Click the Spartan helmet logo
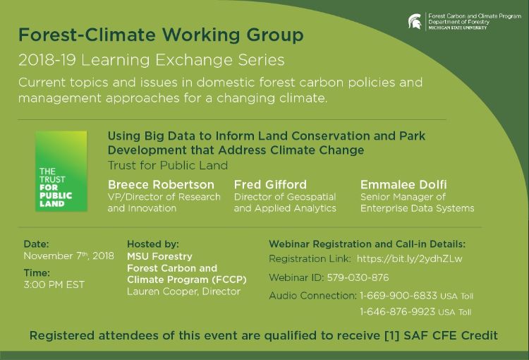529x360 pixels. [415, 22]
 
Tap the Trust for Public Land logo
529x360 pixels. [61, 172]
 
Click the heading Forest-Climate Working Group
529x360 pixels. [161, 35]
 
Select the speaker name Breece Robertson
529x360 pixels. [161, 185]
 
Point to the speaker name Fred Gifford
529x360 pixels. [270, 185]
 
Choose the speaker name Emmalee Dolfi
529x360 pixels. [403, 185]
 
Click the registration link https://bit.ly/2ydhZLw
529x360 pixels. [409, 259]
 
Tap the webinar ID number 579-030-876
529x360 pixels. [358, 277]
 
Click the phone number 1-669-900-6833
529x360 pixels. [399, 296]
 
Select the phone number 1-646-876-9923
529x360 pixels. [397, 311]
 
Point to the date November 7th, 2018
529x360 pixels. [69, 256]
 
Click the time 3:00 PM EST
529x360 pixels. [54, 284]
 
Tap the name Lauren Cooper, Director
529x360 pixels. [184, 292]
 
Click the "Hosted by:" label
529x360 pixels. [153, 244]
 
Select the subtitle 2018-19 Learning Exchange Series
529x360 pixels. [152, 60]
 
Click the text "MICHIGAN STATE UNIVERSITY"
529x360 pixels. [458, 28]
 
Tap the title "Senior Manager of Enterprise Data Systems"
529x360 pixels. [418, 203]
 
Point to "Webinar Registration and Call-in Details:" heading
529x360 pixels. [367, 244]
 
